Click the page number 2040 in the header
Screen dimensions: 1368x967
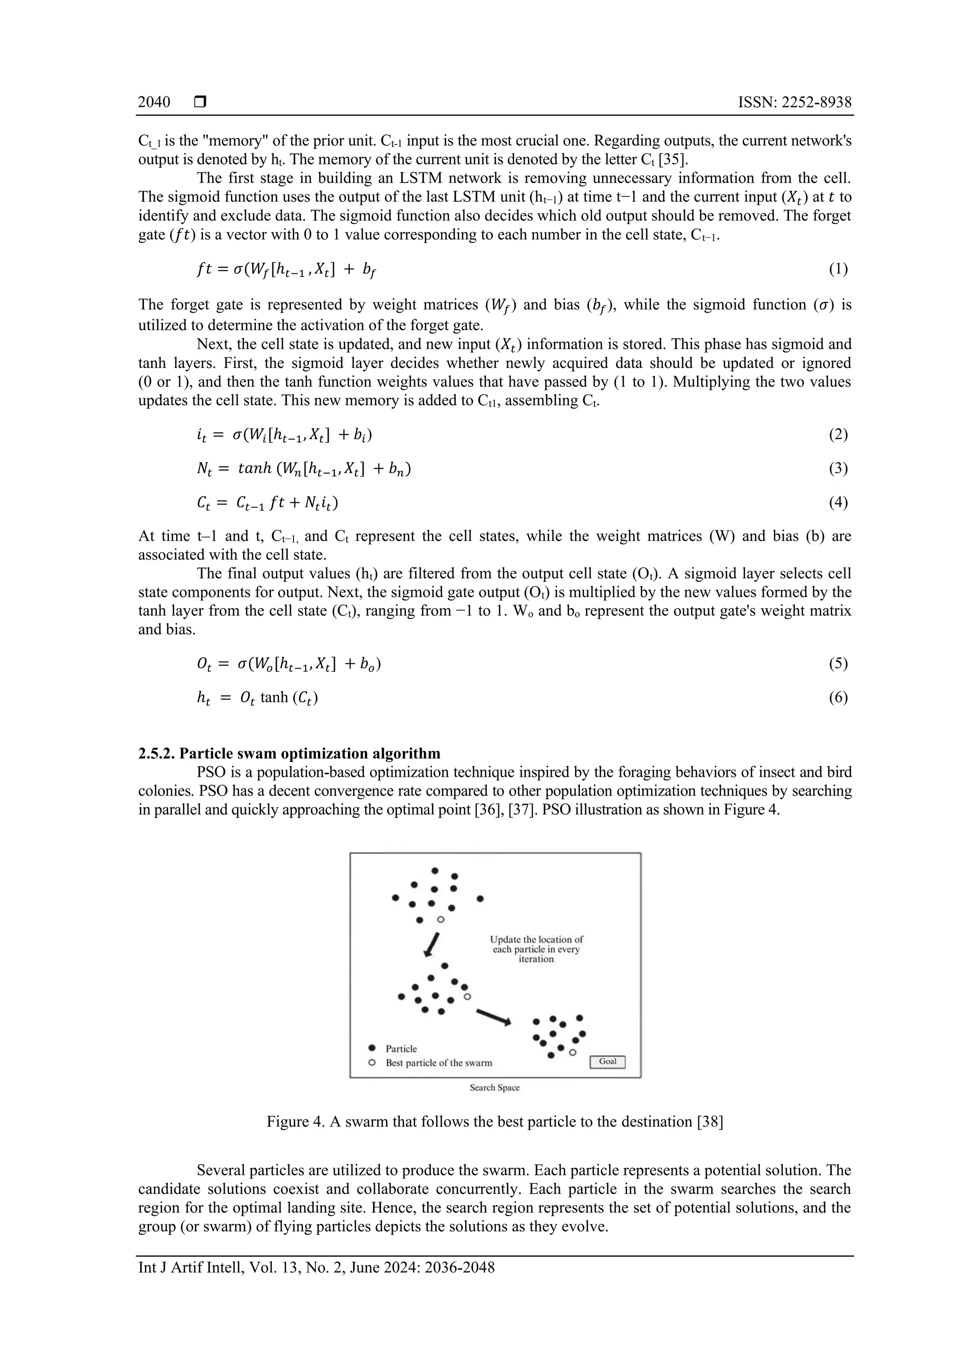[x=154, y=102]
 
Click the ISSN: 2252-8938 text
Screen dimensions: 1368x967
[x=794, y=102]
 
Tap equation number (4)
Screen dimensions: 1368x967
[x=838, y=503]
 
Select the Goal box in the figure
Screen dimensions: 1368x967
[x=607, y=1061]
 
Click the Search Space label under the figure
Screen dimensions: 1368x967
[x=494, y=1088]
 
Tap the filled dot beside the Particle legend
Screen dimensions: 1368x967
[x=372, y=1047]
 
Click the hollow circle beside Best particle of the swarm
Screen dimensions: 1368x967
[x=372, y=1062]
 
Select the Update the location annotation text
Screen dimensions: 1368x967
[x=536, y=949]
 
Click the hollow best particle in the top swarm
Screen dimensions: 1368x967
[x=441, y=920]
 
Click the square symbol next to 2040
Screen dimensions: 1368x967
[x=200, y=102]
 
